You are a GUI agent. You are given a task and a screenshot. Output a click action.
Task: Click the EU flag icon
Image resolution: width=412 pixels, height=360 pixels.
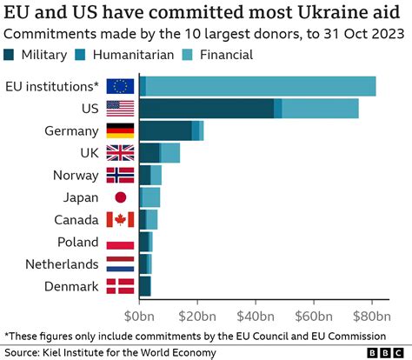pos(119,86)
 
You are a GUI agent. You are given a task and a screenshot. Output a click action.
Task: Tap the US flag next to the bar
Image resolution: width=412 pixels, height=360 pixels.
pos(119,109)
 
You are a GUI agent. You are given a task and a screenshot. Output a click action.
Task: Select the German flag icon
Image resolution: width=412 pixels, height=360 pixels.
pos(119,130)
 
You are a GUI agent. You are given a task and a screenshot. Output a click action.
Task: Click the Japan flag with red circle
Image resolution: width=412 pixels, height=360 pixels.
pos(119,197)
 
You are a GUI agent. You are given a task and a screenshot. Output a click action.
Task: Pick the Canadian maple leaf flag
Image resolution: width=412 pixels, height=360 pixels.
pos(119,219)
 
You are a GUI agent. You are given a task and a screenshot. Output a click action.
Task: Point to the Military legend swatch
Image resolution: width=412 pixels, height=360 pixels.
pos(11,55)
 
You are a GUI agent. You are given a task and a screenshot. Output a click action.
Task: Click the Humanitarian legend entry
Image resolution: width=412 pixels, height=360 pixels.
pos(138,55)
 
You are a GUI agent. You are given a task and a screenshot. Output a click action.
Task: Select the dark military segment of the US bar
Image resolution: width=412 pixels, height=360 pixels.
pos(205,109)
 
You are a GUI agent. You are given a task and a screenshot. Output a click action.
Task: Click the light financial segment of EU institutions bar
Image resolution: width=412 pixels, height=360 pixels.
pos(261,86)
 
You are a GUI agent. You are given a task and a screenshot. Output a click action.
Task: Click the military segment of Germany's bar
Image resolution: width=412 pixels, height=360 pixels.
pos(164,130)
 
